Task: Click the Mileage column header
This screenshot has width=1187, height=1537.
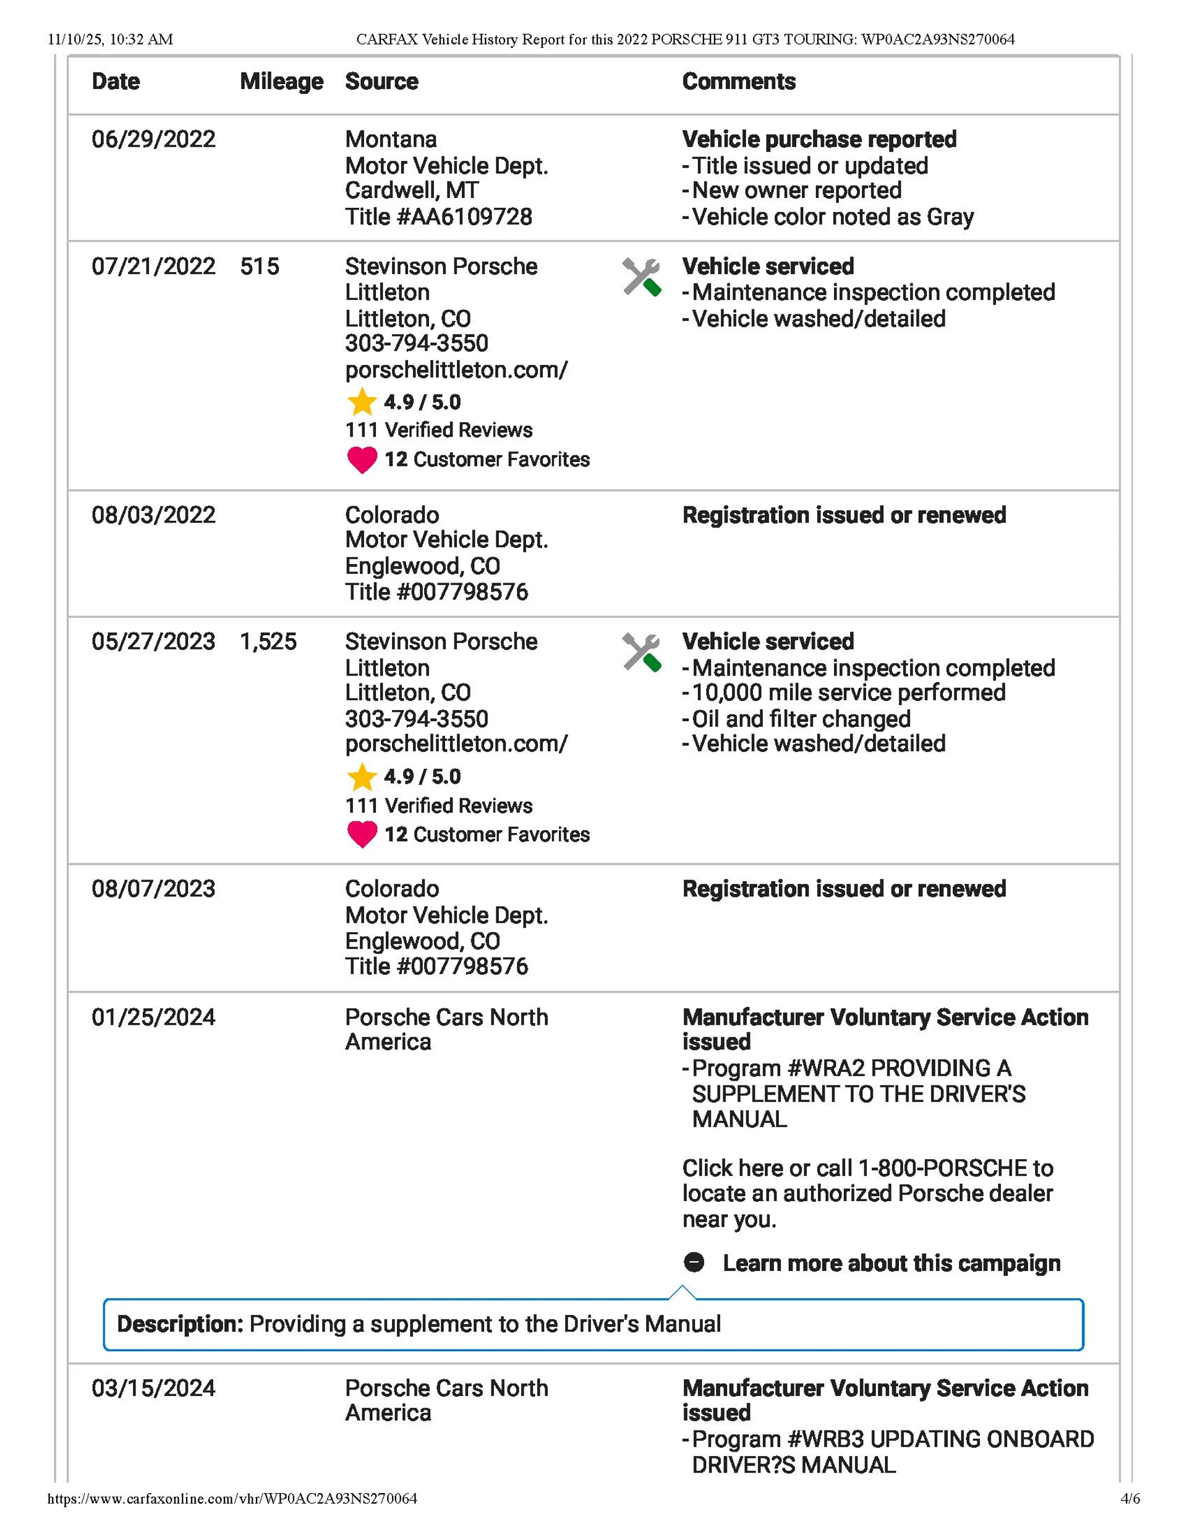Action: pyautogui.click(x=281, y=82)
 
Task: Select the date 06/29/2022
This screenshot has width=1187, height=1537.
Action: pyautogui.click(x=153, y=139)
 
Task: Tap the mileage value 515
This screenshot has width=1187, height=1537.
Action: pyautogui.click(x=259, y=267)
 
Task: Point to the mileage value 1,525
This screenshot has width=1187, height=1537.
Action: pyautogui.click(x=268, y=642)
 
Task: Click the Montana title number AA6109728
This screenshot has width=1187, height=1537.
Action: pyautogui.click(x=438, y=216)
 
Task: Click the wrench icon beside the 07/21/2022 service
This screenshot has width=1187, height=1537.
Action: pyautogui.click(x=641, y=277)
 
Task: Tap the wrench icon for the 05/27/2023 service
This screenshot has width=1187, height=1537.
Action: pyautogui.click(x=641, y=653)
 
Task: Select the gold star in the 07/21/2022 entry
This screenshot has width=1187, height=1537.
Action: pyautogui.click(x=362, y=402)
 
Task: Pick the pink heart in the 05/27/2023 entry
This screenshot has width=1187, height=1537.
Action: pyautogui.click(x=362, y=834)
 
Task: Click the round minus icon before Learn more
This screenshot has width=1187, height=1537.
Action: pyautogui.click(x=694, y=1262)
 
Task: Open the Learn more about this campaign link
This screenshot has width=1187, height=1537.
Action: pyautogui.click(x=891, y=1263)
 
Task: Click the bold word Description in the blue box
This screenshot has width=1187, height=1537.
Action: pyautogui.click(x=179, y=1324)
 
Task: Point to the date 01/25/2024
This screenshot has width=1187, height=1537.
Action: pyautogui.click(x=153, y=1017)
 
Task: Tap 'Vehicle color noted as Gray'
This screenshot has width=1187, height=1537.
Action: pyautogui.click(x=832, y=216)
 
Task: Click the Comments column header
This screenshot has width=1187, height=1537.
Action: pyautogui.click(x=739, y=82)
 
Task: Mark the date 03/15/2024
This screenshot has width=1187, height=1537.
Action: pyautogui.click(x=153, y=1389)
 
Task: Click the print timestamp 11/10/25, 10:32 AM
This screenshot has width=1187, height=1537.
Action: pyautogui.click(x=111, y=40)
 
